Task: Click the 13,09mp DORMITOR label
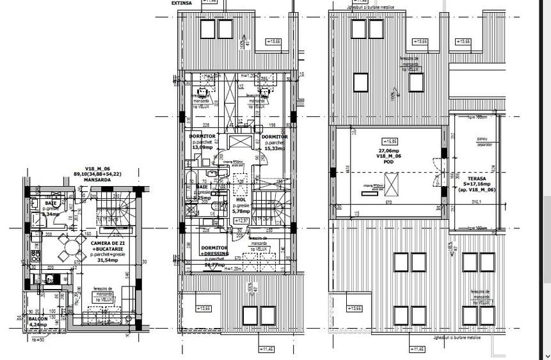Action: (x=202, y=142)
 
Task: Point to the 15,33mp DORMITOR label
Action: (x=275, y=142)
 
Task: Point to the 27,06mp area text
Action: (x=388, y=152)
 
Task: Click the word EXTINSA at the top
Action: (x=182, y=3)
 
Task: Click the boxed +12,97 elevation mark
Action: (x=242, y=220)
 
